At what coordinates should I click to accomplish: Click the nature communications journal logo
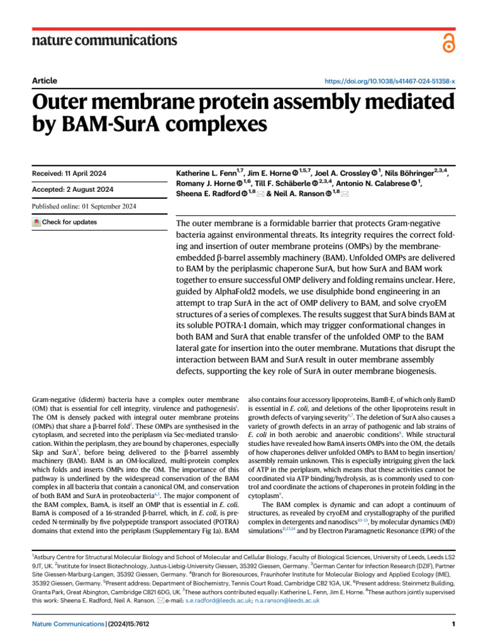coord(104,41)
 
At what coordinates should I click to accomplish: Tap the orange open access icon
coord(448,42)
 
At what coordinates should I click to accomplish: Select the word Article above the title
coord(44,80)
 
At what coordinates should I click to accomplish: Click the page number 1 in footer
coord(453,624)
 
